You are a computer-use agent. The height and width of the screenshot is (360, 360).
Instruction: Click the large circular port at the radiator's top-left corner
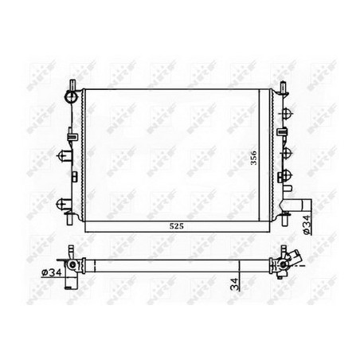pos(72,96)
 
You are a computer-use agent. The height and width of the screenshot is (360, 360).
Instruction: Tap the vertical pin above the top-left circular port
pos(71,84)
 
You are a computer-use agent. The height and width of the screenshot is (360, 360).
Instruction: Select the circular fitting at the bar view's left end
pos(72,264)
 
